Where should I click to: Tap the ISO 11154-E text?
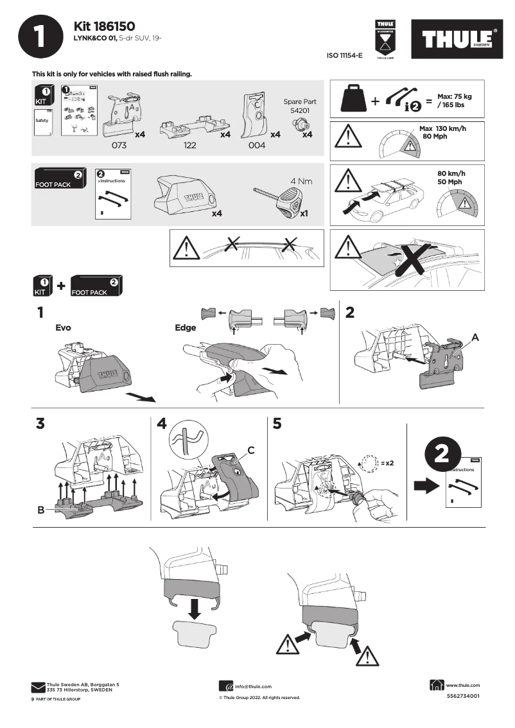pos(345,56)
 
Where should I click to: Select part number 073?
pos(119,146)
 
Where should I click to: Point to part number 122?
pos(191,146)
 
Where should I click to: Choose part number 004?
pos(256,146)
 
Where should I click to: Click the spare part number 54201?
pos(300,111)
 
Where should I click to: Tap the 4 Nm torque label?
pos(301,181)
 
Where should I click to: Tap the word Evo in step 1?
pos(63,327)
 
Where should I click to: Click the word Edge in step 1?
pos(185,327)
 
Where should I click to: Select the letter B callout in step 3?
pos(40,510)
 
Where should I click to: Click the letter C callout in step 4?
pos(251,451)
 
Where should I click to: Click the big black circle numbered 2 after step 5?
pos(441,455)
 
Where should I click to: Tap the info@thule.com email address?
pos(253,686)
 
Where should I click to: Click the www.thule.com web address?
pos(463,685)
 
